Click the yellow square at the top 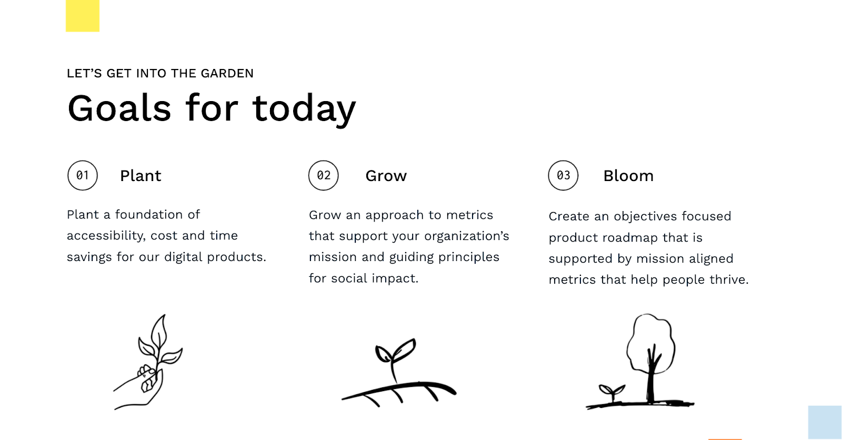point(83,16)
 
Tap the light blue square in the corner point(825,422)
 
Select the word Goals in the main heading point(119,108)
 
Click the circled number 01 point(83,175)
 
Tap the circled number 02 point(324,175)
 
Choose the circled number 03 point(563,175)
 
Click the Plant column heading point(141,176)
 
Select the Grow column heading point(386,176)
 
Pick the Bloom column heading point(628,176)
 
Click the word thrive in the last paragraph point(729,280)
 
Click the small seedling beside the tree point(612,393)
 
